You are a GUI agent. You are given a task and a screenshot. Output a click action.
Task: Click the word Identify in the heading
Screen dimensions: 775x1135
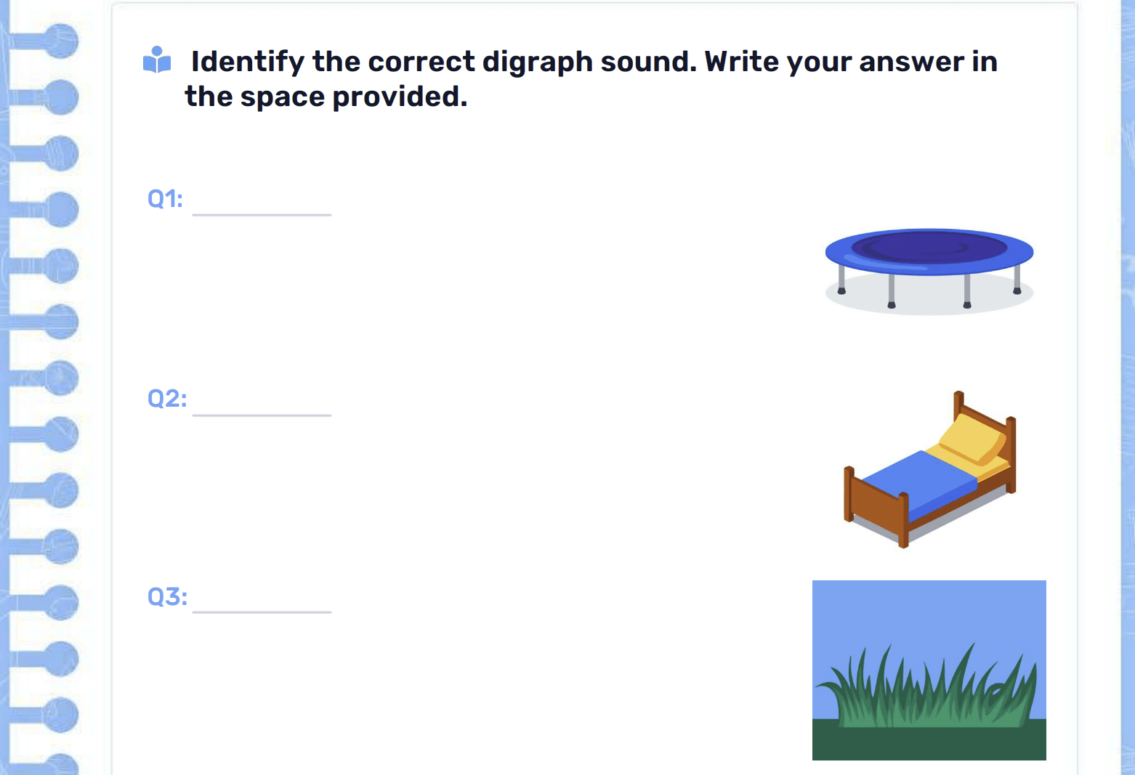pyautogui.click(x=247, y=62)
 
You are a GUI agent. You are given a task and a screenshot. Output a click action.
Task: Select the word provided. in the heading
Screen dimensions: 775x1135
pyautogui.click(x=400, y=97)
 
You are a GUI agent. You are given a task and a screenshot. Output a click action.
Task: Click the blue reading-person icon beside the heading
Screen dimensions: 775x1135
pyautogui.click(x=157, y=60)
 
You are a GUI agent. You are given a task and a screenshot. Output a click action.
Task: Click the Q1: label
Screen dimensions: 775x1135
pyautogui.click(x=165, y=199)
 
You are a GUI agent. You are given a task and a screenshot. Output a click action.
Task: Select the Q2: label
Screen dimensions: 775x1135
pyautogui.click(x=166, y=399)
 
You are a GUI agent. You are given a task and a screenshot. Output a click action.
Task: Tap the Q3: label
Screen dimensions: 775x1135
pyautogui.click(x=166, y=597)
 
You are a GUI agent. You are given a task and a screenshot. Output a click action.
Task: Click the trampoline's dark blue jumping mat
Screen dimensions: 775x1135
pyautogui.click(x=929, y=248)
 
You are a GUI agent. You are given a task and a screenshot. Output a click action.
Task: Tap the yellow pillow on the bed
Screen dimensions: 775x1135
pyautogui.click(x=972, y=439)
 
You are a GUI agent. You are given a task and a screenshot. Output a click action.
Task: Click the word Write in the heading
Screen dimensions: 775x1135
pyautogui.click(x=741, y=62)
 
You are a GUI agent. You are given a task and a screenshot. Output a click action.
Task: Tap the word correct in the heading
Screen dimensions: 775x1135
pyautogui.click(x=421, y=62)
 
